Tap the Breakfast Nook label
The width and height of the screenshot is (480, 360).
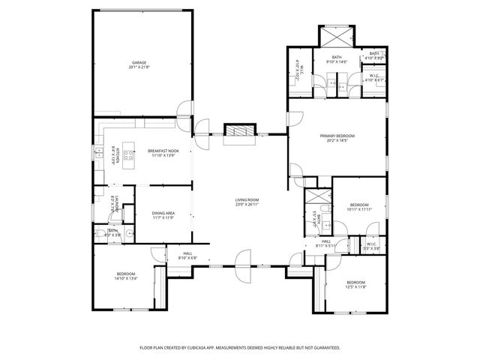click(x=163, y=152)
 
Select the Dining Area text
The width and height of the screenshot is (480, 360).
click(x=163, y=215)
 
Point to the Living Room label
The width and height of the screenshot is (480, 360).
click(x=247, y=201)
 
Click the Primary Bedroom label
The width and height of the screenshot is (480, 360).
click(x=337, y=138)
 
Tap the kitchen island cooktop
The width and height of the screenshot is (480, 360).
click(x=128, y=157)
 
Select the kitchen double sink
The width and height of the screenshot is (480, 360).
click(x=98, y=154)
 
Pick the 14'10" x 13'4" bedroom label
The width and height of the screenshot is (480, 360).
click(x=125, y=276)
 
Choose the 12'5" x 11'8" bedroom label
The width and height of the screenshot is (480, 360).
click(x=355, y=284)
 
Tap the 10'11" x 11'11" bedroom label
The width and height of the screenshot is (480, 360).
click(x=358, y=207)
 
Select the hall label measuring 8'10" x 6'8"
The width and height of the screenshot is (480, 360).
click(x=187, y=256)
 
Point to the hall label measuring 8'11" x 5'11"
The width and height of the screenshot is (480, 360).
click(x=326, y=243)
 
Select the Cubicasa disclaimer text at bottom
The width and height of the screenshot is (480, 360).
click(x=240, y=348)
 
